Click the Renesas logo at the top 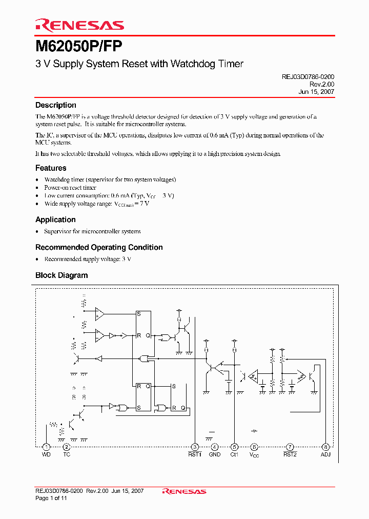point(79,25)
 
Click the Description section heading point(55,105)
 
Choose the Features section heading point(51,168)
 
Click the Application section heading point(55,219)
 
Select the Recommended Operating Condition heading point(99,247)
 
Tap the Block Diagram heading point(61,275)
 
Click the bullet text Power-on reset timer point(70,188)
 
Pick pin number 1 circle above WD point(46,447)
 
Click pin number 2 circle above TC point(66,447)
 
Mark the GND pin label point(215,454)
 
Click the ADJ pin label point(325,454)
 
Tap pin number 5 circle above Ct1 point(234,447)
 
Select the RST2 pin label point(290,454)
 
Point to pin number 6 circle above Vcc point(254,447)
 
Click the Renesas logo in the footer point(184,491)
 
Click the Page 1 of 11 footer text point(51,498)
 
